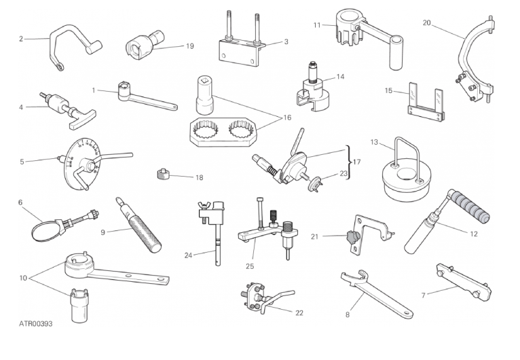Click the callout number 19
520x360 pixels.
pyautogui.click(x=189, y=46)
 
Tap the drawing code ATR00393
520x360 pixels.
pyautogui.click(x=35, y=323)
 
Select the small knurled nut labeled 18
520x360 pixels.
pyautogui.click(x=163, y=174)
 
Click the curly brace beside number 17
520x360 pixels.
pyautogui.click(x=348, y=162)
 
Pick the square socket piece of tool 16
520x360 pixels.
pyautogui.click(x=204, y=95)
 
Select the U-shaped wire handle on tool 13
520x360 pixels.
pyautogui.click(x=407, y=158)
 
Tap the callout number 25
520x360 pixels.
pyautogui.click(x=250, y=266)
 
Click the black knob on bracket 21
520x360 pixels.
pyautogui.click(x=352, y=237)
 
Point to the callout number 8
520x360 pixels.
pyautogui.click(x=347, y=314)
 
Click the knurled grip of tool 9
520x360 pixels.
pyautogui.click(x=145, y=233)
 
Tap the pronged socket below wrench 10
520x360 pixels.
pyautogui.click(x=79, y=305)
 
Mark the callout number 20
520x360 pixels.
pyautogui.click(x=426, y=22)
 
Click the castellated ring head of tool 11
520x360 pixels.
pyautogui.click(x=348, y=26)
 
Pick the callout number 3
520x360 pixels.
pyautogui.click(x=286, y=41)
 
